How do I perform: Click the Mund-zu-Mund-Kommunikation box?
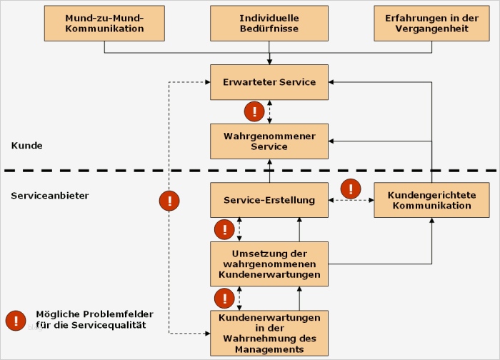[104, 24]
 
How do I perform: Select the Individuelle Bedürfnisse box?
[269, 24]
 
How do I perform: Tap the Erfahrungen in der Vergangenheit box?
[431, 24]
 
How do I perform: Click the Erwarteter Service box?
[269, 82]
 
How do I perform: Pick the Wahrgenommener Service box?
[269, 141]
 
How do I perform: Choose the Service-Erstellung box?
[269, 200]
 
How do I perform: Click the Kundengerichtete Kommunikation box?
[431, 200]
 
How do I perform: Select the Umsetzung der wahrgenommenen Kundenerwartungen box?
[269, 264]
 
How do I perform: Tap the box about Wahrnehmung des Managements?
[269, 333]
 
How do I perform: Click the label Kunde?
[27, 146]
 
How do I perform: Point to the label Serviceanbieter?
[50, 195]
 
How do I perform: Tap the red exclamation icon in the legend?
[16, 321]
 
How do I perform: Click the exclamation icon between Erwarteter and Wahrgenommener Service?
[254, 111]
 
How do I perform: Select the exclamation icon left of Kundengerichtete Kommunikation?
[351, 189]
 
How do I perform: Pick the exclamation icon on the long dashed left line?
[169, 201]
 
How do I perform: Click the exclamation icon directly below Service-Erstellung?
[225, 229]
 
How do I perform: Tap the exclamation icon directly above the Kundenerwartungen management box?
[225, 298]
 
